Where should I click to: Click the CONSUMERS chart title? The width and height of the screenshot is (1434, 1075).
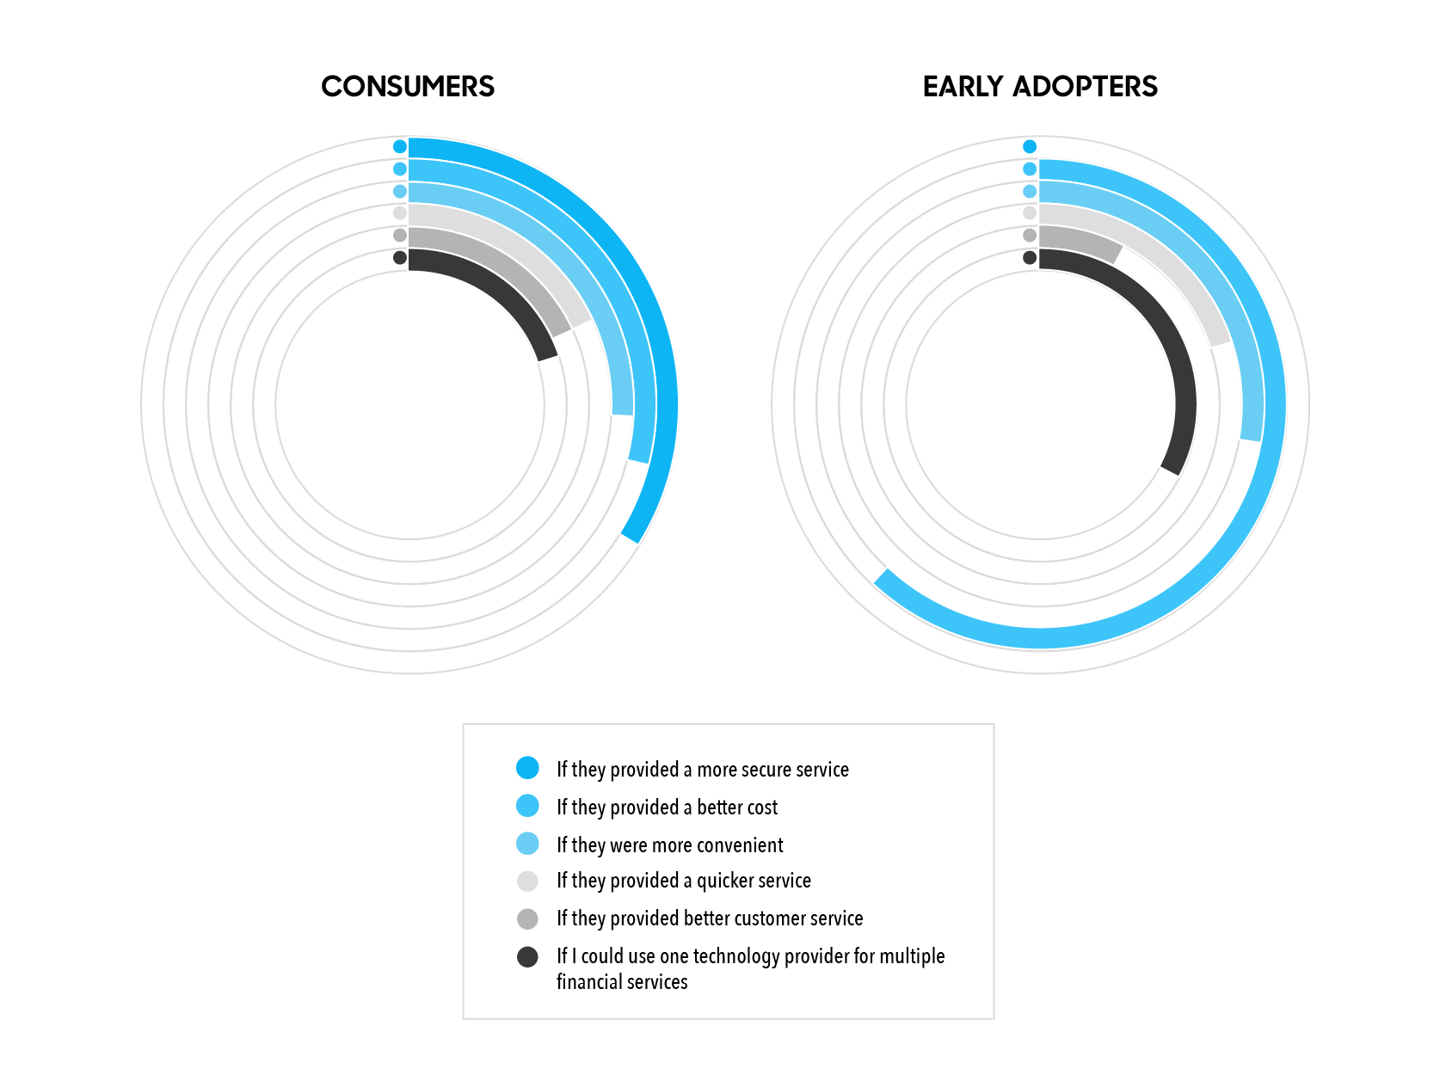click(x=408, y=86)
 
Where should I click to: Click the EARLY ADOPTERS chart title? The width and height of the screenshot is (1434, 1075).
click(x=1040, y=86)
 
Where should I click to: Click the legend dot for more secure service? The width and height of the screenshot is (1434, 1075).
click(x=527, y=767)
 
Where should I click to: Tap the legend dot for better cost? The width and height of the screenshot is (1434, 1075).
click(x=527, y=805)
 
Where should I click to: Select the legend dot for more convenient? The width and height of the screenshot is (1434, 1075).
click(x=527, y=843)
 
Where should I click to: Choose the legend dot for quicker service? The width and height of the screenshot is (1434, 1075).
click(x=527, y=881)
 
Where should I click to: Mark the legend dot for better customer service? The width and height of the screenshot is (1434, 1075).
click(x=527, y=918)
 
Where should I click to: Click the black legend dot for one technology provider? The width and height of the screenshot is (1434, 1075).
click(x=527, y=957)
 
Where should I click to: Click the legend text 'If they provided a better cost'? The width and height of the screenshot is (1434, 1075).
click(x=667, y=808)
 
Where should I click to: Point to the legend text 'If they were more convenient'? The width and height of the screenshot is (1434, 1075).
click(x=669, y=845)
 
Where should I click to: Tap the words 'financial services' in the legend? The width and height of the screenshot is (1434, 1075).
click(x=622, y=981)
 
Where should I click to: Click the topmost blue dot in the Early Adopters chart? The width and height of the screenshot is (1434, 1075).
click(x=1030, y=146)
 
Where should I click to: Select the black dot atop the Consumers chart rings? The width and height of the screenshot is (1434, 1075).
click(x=400, y=257)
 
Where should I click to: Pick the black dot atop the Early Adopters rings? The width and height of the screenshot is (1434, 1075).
click(x=1030, y=257)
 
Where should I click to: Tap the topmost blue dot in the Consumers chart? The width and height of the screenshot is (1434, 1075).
click(x=400, y=146)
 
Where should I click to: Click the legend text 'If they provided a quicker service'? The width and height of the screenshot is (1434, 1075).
click(x=684, y=881)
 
